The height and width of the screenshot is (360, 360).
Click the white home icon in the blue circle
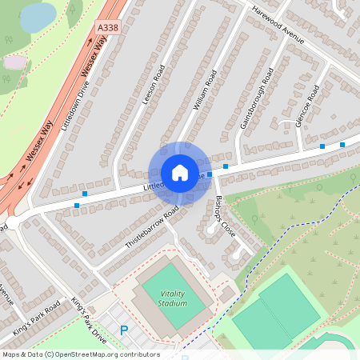click(180, 173)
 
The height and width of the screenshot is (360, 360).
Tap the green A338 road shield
click(106, 27)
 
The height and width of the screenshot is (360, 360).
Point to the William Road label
click(205, 90)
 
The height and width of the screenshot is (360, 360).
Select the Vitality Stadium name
click(173, 298)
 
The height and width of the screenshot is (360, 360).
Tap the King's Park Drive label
click(88, 319)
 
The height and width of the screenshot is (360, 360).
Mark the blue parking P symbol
click(123, 330)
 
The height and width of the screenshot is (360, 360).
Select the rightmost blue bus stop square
click(342, 145)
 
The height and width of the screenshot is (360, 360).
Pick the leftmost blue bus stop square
click(77, 206)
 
